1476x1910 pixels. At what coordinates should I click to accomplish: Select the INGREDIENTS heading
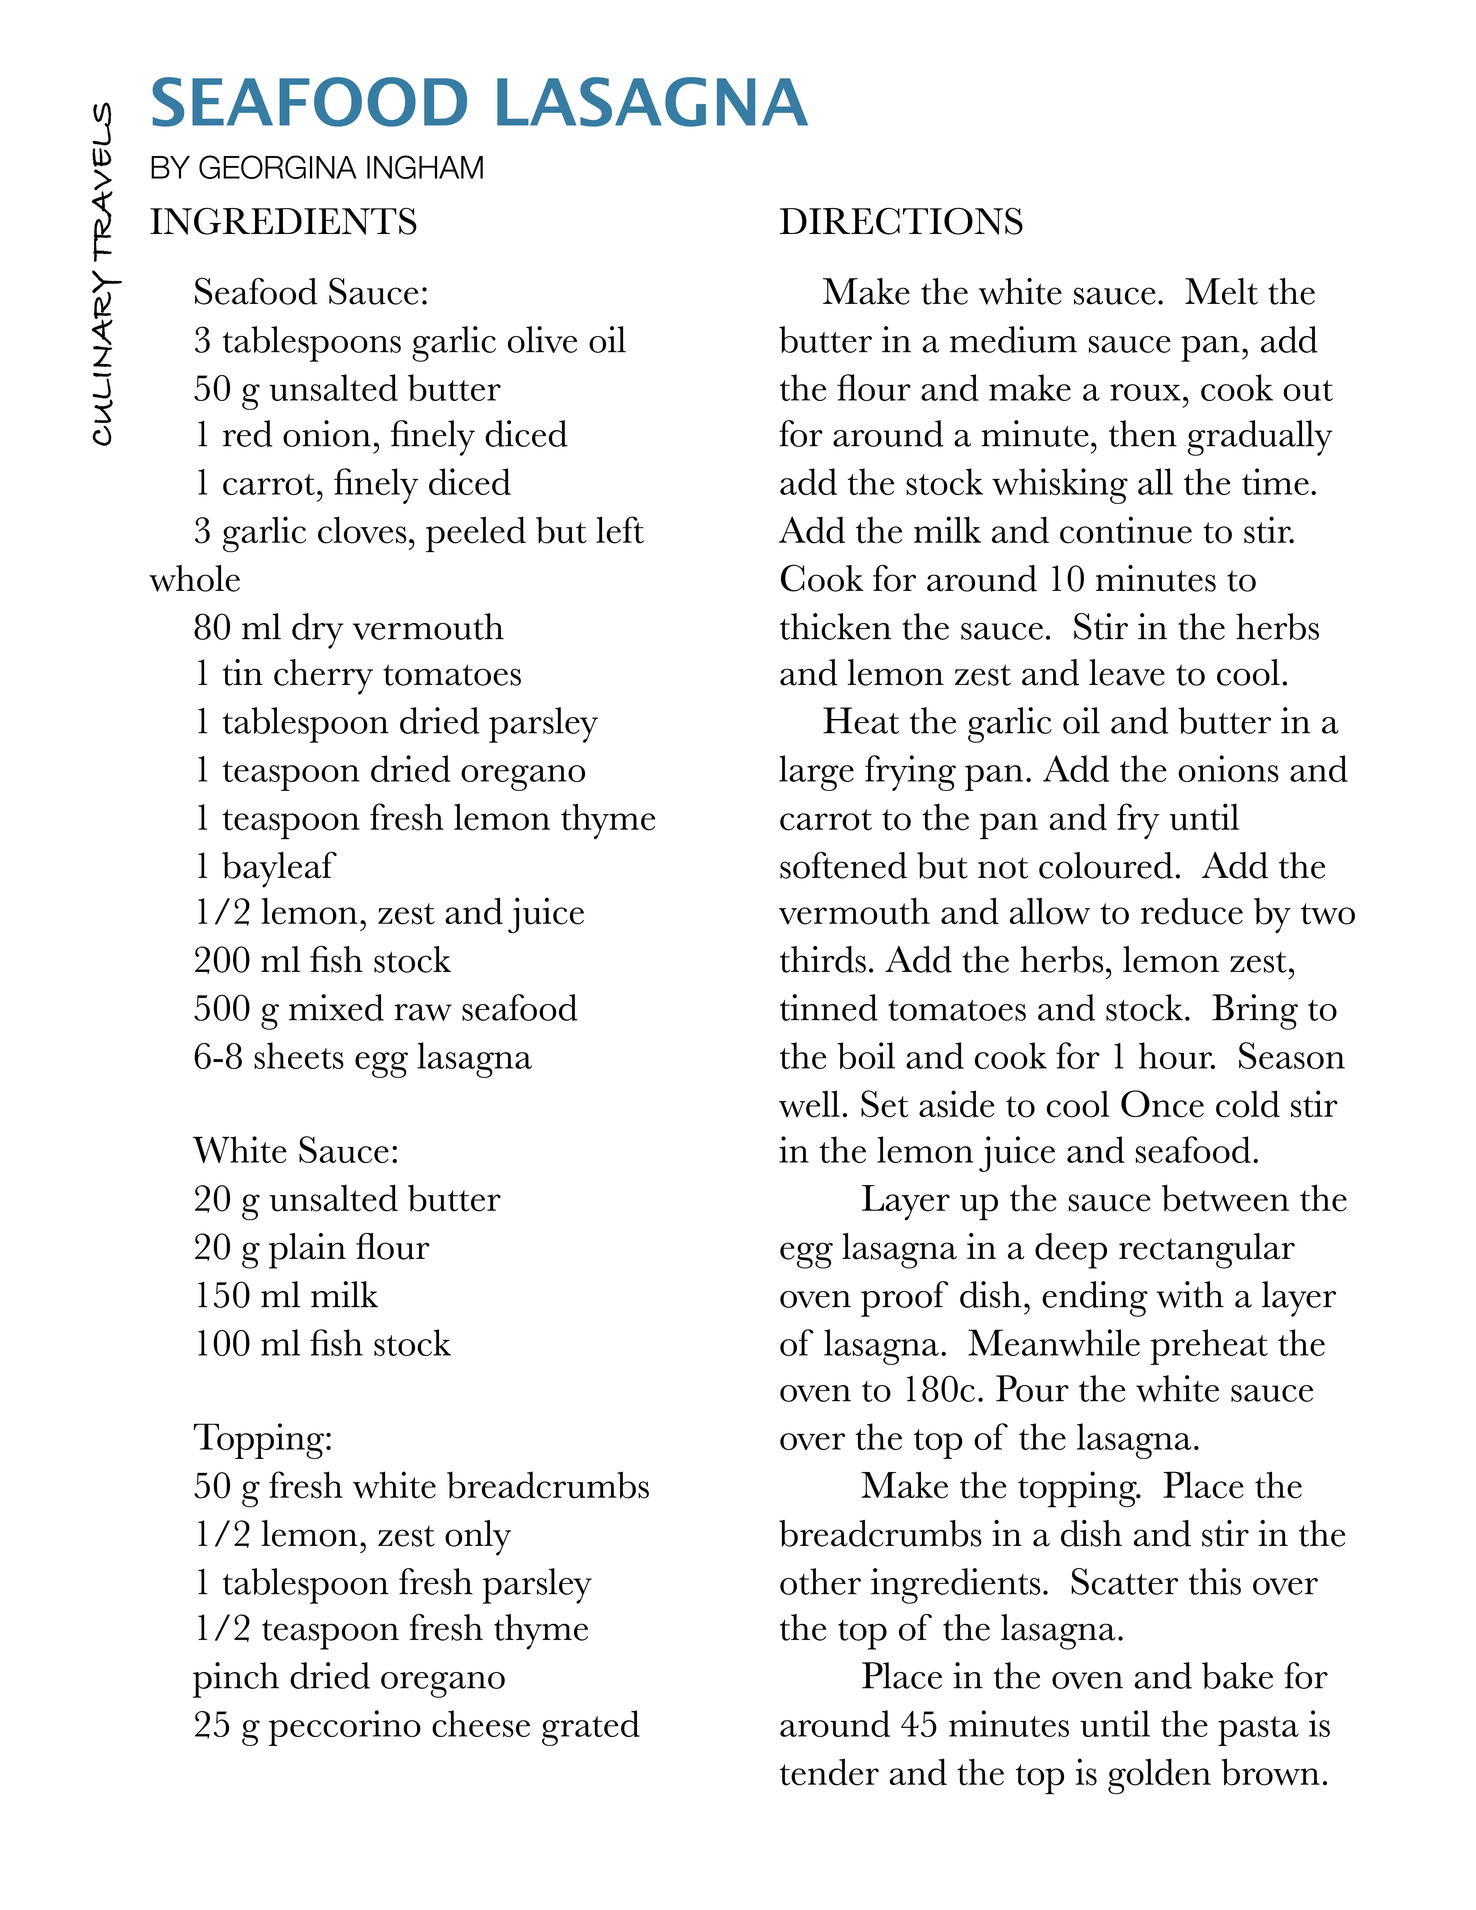tap(283, 222)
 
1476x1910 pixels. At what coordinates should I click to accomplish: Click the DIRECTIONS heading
tap(901, 222)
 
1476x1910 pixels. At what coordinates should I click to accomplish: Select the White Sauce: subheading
tap(296, 1151)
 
